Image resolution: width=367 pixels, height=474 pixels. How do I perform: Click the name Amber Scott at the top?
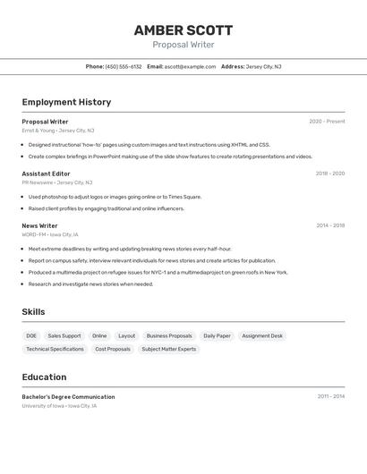tap(183, 30)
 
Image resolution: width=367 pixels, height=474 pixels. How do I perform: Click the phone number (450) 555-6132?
tap(124, 66)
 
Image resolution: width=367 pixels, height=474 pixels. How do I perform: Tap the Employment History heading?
tap(66, 102)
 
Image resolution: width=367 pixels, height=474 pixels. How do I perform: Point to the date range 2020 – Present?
tap(327, 122)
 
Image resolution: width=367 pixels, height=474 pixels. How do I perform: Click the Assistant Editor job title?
tap(46, 174)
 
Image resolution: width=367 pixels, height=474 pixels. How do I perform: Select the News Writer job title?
tap(39, 226)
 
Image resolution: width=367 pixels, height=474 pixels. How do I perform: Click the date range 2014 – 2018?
tap(330, 226)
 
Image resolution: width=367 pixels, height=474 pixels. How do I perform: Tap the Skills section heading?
tap(34, 312)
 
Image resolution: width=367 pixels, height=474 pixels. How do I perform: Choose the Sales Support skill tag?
tap(64, 336)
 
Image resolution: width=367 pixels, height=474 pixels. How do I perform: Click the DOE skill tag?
tap(31, 336)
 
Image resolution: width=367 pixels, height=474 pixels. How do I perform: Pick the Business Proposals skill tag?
tap(169, 336)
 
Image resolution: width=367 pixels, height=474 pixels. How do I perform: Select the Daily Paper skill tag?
tap(217, 336)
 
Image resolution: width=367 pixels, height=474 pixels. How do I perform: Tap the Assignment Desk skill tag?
tap(262, 336)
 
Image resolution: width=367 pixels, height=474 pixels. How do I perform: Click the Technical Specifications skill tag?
tap(55, 350)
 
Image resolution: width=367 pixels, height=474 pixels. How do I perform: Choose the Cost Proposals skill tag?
tap(113, 350)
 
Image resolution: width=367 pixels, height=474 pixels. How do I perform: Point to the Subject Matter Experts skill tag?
tap(168, 350)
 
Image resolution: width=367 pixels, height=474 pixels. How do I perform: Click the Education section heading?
tap(44, 377)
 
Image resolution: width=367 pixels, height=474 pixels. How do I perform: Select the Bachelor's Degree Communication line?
tap(68, 396)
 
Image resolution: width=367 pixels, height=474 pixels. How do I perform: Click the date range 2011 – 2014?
tap(330, 395)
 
